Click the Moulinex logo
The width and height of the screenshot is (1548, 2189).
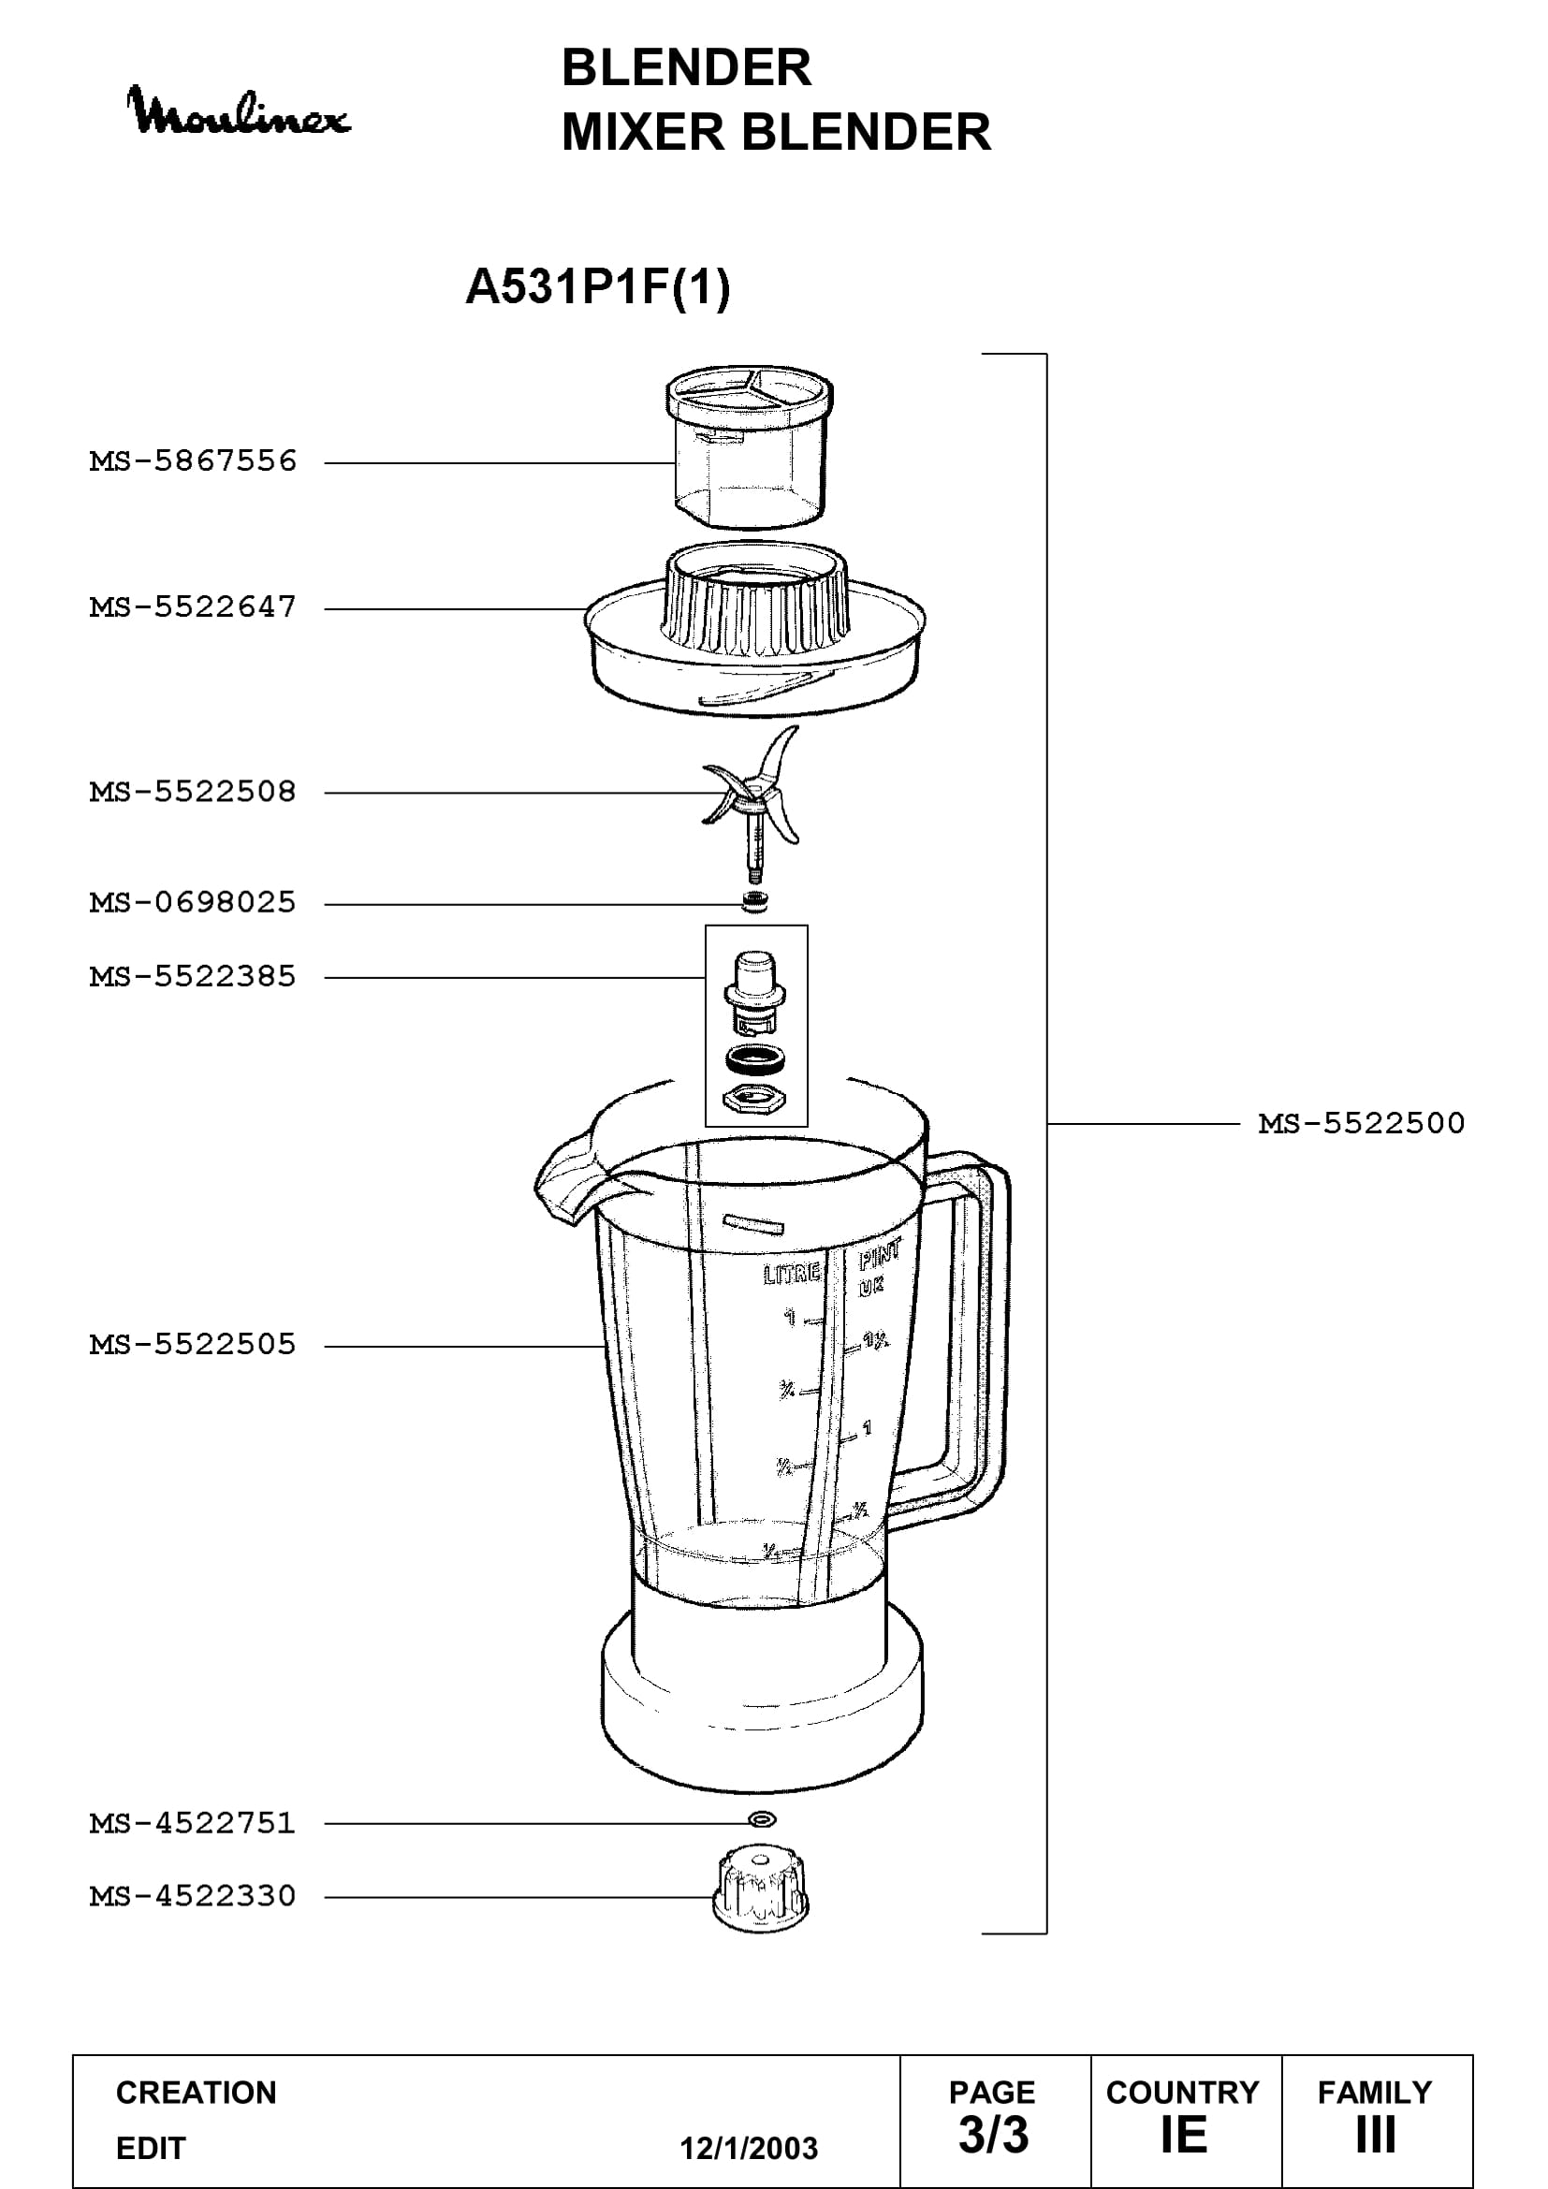[239, 111]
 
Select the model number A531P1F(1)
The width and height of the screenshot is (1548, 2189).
[598, 286]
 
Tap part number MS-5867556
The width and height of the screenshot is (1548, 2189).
[194, 461]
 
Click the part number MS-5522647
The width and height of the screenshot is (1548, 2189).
[194, 607]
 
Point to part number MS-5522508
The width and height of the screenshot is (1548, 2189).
[194, 792]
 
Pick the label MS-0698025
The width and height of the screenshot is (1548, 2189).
[194, 902]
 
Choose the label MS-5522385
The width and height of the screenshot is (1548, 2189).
[194, 976]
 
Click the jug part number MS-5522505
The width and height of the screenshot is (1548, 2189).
[194, 1344]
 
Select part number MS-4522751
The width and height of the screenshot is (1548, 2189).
[194, 1823]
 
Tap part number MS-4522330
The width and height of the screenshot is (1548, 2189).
[194, 1895]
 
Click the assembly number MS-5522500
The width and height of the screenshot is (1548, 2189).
[1361, 1123]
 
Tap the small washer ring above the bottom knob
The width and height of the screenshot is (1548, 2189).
[762, 1820]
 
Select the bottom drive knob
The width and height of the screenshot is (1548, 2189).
[761, 1890]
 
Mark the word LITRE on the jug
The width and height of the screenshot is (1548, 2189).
[792, 1274]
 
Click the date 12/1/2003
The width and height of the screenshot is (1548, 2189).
[749, 2148]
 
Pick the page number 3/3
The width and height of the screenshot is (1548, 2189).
[993, 2135]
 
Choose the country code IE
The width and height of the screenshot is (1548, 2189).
[1184, 2135]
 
